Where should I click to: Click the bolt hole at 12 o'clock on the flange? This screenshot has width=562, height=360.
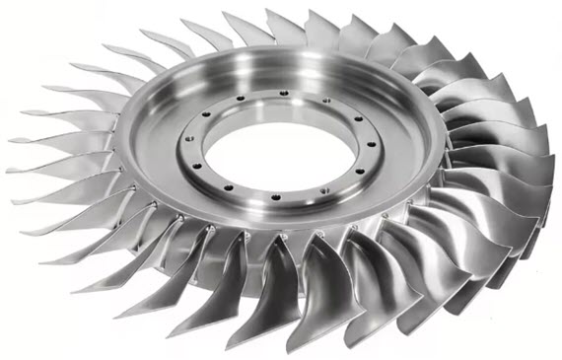coord(284,94)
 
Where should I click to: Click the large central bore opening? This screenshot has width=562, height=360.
coord(281,149)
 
